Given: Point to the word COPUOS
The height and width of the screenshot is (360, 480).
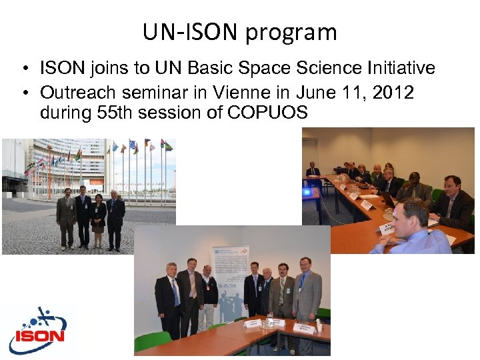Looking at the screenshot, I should pyautogui.click(x=267, y=112).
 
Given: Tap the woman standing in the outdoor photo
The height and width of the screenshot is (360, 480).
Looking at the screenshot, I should pyautogui.click(x=99, y=220).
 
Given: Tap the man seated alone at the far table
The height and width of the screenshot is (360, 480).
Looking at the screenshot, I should pyautogui.click(x=313, y=175).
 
